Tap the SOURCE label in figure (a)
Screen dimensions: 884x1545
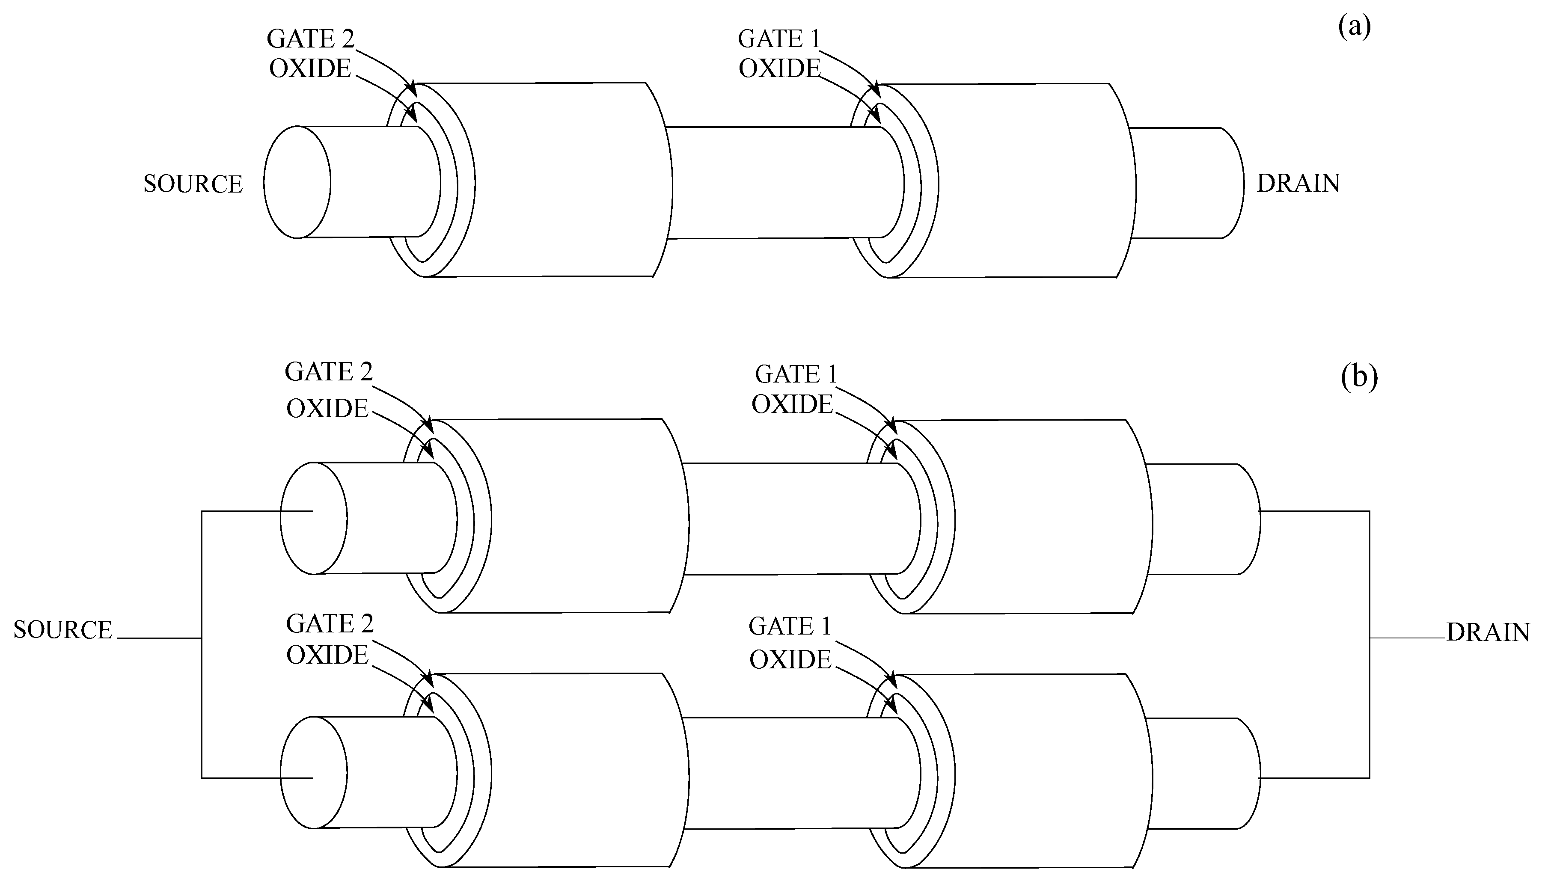pyautogui.click(x=193, y=184)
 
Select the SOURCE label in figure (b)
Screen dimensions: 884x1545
pyautogui.click(x=62, y=630)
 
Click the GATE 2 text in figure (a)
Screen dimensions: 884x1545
pyautogui.click(x=310, y=39)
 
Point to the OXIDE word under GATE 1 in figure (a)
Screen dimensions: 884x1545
pyautogui.click(x=779, y=68)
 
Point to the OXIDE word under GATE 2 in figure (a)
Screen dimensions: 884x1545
pyautogui.click(x=310, y=68)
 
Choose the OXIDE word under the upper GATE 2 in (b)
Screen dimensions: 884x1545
pyautogui.click(x=327, y=409)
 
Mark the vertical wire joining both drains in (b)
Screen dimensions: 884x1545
pyautogui.click(x=1370, y=644)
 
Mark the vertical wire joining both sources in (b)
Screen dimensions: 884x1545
pyautogui.click(x=202, y=644)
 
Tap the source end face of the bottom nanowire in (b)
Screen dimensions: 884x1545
pyautogui.click(x=313, y=772)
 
